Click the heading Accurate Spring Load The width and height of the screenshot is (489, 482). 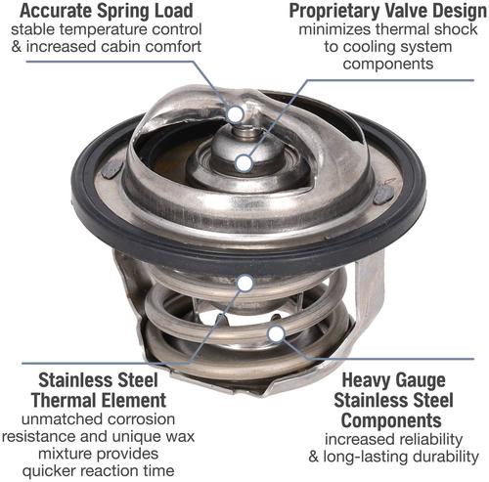(x=107, y=11)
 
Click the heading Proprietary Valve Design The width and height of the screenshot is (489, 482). (x=388, y=11)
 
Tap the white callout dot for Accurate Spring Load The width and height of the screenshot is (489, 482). (x=236, y=114)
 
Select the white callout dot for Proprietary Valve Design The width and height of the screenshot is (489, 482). (x=244, y=163)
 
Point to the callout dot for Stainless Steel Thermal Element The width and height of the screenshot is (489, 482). (x=245, y=283)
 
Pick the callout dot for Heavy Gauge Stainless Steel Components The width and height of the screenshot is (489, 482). (x=276, y=333)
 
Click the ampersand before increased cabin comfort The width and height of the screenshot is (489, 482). (x=16, y=47)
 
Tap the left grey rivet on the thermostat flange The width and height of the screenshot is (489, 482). (x=111, y=169)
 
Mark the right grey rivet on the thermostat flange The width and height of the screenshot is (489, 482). (x=383, y=196)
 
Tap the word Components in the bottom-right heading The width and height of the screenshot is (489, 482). (x=391, y=420)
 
